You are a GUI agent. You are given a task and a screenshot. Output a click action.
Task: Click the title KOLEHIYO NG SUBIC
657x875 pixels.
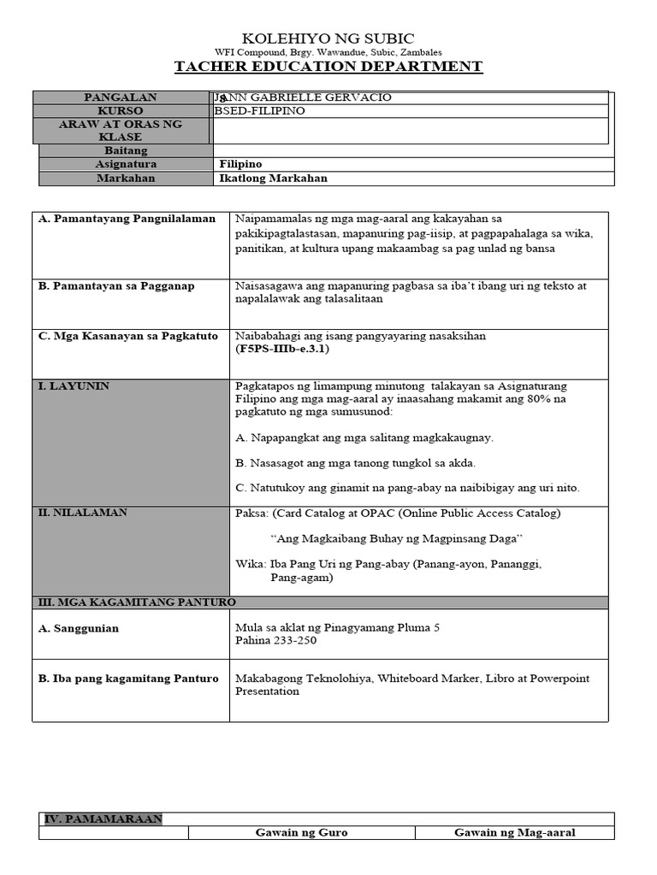(x=328, y=38)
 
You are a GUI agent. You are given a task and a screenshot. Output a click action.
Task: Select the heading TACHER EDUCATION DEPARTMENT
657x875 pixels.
(x=328, y=67)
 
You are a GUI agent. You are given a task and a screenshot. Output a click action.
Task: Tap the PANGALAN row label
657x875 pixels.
(x=121, y=97)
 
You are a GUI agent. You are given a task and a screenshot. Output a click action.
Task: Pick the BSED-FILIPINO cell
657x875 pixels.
(x=259, y=111)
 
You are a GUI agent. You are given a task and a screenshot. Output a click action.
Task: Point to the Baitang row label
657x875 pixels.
(x=127, y=150)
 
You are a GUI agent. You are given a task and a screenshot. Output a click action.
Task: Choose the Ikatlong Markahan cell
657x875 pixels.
(x=274, y=179)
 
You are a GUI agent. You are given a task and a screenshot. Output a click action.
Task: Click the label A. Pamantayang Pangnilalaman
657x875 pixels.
(x=127, y=220)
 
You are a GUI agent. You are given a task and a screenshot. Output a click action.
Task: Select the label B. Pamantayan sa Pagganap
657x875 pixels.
(x=117, y=286)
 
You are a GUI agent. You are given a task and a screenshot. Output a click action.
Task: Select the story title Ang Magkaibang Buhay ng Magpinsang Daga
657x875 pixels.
(x=396, y=539)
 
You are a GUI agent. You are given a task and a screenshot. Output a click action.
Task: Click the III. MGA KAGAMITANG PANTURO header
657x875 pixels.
(x=137, y=602)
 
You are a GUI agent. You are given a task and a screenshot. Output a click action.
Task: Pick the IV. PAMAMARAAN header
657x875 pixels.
(x=103, y=819)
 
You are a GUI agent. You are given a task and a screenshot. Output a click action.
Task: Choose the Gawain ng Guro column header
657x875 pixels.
(x=301, y=832)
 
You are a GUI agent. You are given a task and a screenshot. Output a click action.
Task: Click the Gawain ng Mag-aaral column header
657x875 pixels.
(x=514, y=832)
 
